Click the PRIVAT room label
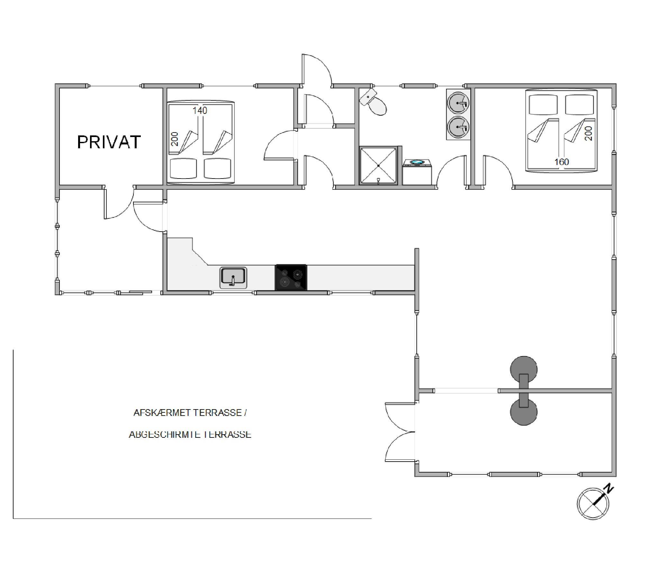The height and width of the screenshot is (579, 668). coord(109,142)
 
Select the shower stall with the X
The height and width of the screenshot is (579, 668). coord(378,166)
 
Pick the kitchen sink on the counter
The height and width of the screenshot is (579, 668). coord(233,278)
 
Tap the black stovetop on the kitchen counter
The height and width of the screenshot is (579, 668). coord(291,277)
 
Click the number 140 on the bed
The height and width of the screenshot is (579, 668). coord(200,111)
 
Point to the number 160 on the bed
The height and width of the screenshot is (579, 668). coord(562,162)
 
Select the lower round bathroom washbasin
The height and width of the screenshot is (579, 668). coord(458,127)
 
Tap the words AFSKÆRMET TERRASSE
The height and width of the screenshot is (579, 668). coord(188,413)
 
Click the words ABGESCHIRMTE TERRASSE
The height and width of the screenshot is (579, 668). coord(190,434)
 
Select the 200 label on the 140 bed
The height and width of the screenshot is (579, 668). coord(174,139)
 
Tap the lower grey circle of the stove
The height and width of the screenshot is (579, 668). coord(524,413)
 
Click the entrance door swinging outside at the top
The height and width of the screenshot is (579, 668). coord(316,71)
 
